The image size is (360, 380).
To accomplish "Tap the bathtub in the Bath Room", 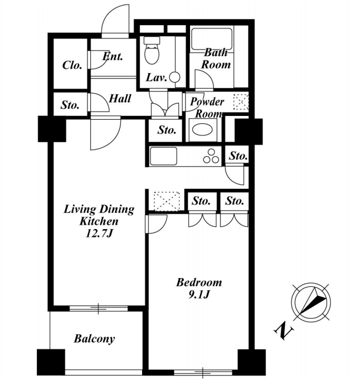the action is (x=212, y=39).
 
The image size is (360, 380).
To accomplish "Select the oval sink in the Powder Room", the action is (x=202, y=130).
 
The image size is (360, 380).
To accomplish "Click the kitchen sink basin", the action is (x=163, y=156).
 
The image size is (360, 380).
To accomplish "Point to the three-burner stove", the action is (x=211, y=156).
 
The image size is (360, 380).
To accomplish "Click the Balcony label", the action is (x=94, y=339).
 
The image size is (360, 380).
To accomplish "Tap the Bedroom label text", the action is (x=199, y=282).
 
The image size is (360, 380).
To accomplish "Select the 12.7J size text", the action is (x=99, y=233).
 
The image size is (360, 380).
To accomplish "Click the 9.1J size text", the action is (x=199, y=294).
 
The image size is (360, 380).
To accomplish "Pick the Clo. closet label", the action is (x=72, y=65).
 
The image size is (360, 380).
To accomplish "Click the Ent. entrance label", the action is (x=113, y=56).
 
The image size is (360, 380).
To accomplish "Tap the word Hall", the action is (x=120, y=99).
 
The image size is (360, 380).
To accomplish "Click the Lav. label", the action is (x=156, y=77).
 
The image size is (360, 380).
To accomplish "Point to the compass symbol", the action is (x=311, y=302).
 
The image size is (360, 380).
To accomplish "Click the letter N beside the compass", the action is (x=284, y=330).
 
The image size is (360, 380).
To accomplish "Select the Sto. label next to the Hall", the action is (x=70, y=105).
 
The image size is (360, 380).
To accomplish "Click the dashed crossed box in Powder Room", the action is (x=241, y=102).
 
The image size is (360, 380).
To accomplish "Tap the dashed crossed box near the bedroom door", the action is (x=167, y=201).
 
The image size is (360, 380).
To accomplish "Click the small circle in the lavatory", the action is (x=174, y=77).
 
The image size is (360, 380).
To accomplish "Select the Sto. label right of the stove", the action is (x=239, y=156).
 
